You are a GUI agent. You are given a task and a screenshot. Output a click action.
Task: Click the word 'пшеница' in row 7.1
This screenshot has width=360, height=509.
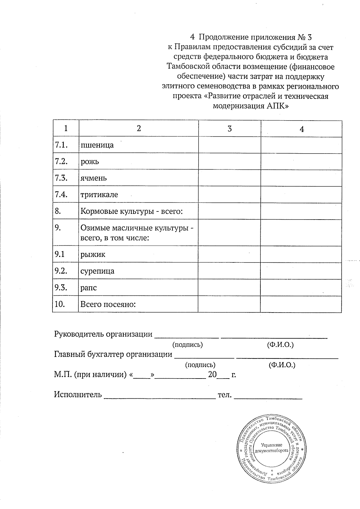97,145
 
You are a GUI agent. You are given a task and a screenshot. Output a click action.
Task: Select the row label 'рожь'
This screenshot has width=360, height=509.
89,162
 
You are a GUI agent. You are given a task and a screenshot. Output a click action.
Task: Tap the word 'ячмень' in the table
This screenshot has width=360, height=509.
93,178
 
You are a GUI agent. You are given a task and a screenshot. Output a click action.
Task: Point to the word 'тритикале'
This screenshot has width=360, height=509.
99,195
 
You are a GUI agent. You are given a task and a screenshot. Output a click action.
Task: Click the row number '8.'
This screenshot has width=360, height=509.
58,211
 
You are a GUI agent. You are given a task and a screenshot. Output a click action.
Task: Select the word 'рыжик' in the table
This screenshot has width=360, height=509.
93,255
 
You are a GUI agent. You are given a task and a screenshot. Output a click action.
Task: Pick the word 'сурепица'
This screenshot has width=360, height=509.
97,271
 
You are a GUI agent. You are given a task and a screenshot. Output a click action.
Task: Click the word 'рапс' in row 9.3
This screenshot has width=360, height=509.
88,288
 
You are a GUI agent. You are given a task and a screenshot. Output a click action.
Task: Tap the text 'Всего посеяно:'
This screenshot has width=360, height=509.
108,304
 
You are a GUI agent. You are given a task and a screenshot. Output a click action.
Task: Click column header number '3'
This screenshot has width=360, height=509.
229,129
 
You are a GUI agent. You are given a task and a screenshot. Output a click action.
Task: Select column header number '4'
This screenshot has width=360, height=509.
302,129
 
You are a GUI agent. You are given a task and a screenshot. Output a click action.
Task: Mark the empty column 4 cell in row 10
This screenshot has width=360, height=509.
301,304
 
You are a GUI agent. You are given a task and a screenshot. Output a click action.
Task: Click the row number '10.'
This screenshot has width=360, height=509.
60,304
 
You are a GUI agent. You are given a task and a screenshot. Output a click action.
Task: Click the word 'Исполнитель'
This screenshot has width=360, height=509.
78,394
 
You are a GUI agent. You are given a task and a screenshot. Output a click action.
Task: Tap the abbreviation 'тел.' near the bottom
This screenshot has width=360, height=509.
225,395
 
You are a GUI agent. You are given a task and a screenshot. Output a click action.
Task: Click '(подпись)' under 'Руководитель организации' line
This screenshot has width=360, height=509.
187,345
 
